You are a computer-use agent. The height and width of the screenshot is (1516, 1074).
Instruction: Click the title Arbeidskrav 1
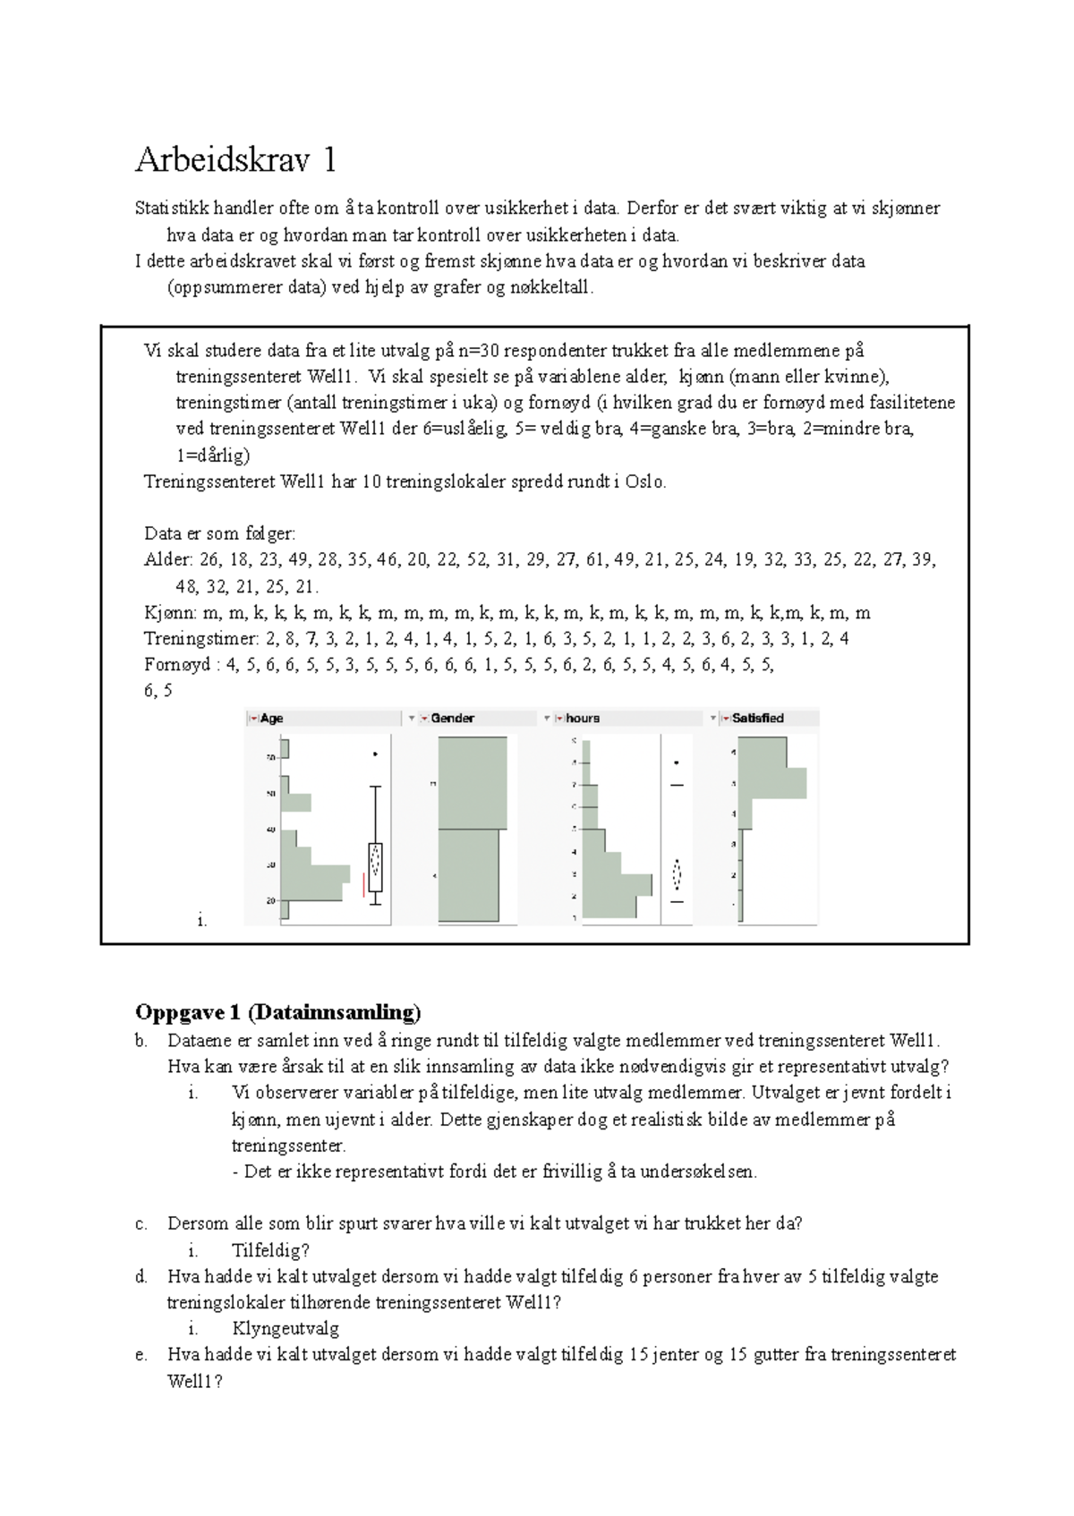[x=236, y=160]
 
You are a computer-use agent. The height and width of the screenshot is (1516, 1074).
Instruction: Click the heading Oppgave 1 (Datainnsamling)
[x=277, y=1012]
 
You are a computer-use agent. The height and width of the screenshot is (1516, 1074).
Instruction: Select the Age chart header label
[x=271, y=718]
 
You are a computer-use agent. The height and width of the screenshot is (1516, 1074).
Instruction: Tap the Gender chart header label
[x=452, y=718]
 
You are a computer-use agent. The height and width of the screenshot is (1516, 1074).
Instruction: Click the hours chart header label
[x=583, y=718]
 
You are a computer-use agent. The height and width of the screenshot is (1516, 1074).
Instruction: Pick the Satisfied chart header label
[x=757, y=718]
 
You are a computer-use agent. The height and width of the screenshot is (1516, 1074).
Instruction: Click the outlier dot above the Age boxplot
[x=375, y=754]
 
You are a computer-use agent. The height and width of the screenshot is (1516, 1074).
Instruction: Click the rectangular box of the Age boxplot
[x=375, y=866]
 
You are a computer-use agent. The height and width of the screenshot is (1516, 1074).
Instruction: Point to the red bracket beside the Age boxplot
[x=363, y=883]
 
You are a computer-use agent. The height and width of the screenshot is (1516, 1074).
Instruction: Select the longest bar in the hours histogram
[x=617, y=884]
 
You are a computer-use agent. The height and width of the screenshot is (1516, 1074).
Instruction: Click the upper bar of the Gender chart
[x=473, y=783]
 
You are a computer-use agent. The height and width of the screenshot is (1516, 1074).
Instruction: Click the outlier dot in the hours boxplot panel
[x=677, y=762]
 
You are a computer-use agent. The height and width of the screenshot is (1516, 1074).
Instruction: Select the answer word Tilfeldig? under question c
[x=270, y=1250]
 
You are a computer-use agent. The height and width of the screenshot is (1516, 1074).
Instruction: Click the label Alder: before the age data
[x=168, y=560]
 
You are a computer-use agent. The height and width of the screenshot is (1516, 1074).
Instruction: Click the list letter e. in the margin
[x=141, y=1355]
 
